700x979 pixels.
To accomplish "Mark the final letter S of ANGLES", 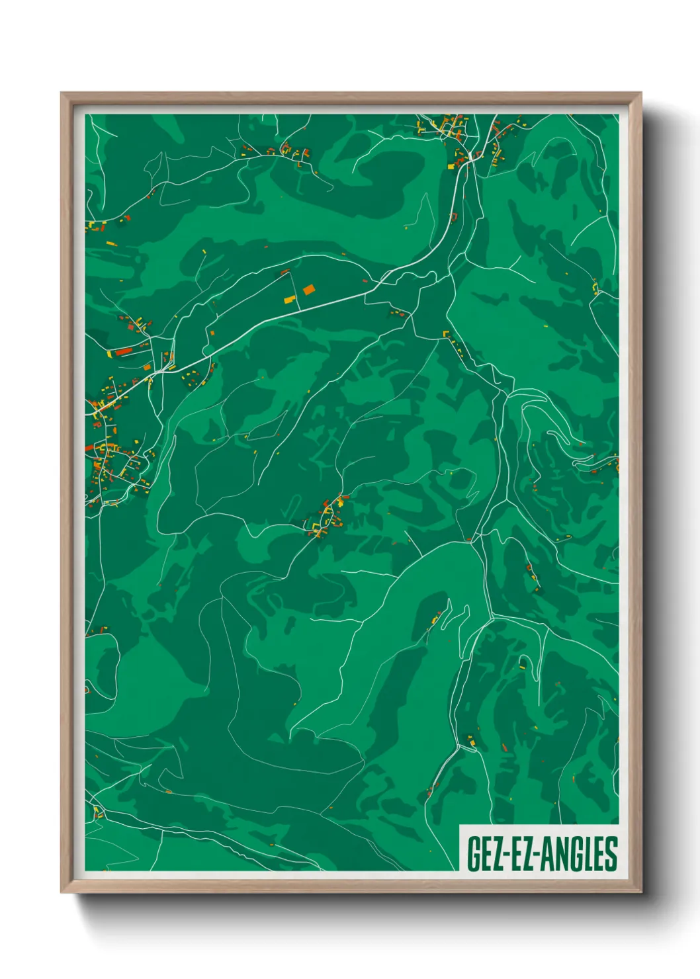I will [x=611, y=854].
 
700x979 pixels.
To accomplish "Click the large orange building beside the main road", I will [x=309, y=289].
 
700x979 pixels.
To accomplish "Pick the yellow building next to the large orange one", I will [x=289, y=300].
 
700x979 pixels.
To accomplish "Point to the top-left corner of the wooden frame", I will [x=62, y=94].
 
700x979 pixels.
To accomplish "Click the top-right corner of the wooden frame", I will [x=640, y=94].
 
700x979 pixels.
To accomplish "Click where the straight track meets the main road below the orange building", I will [x=298, y=311].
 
